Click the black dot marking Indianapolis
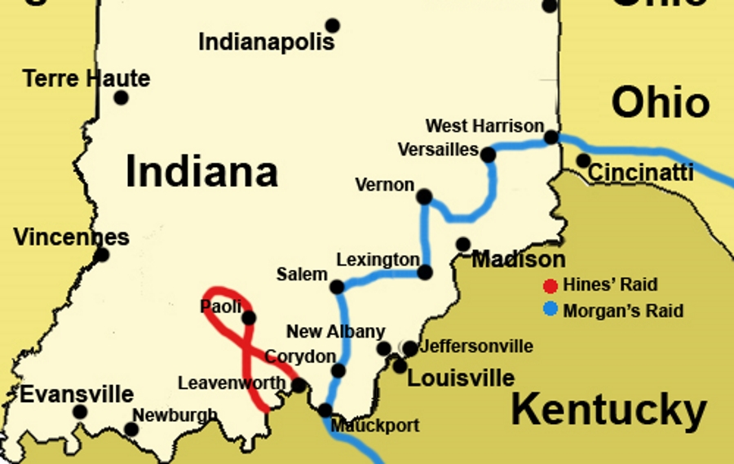coord(332,26)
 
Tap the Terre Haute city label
coord(86,79)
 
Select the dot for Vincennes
coord(101,255)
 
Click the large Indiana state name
coord(201,172)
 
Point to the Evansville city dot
coord(80,412)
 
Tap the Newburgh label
coord(175,415)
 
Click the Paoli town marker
coord(249,318)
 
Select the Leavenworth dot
coord(298,385)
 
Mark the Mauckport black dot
coord(325,410)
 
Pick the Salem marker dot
coord(336,286)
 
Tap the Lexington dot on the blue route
coord(425,272)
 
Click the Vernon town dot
coord(424,197)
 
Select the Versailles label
coord(437,150)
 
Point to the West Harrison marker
coord(551,137)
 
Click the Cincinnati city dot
coord(583,160)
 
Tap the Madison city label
coord(519,259)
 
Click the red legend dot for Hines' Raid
coord(551,285)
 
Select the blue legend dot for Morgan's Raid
coord(551,310)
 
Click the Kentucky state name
coord(608,410)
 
